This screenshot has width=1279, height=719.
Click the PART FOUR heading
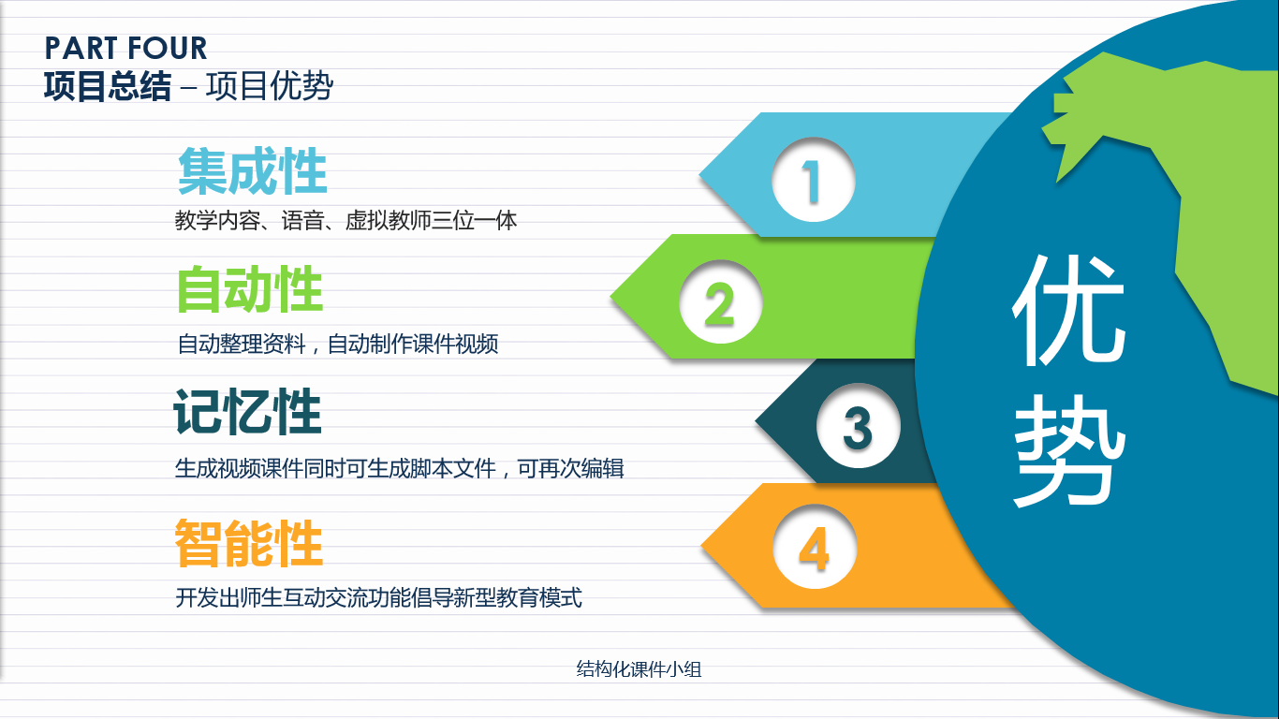click(x=125, y=48)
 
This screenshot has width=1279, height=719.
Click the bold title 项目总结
click(x=108, y=86)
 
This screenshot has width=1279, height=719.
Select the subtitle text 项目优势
click(x=270, y=86)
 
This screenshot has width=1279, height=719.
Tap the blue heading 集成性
click(x=253, y=170)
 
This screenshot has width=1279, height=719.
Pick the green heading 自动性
click(x=250, y=289)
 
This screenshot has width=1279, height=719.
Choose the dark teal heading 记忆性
click(x=247, y=411)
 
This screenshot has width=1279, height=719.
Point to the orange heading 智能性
click(x=249, y=543)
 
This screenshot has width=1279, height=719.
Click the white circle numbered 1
click(x=814, y=180)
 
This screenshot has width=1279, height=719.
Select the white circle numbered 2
click(x=721, y=302)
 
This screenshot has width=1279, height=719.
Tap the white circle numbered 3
click(x=859, y=426)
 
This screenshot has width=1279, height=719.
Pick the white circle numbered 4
click(x=815, y=547)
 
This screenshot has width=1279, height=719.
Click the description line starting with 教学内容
click(x=346, y=220)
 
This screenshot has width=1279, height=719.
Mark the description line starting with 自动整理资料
click(x=338, y=344)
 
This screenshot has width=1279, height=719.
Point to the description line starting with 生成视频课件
click(x=399, y=468)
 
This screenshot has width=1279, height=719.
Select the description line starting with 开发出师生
click(x=378, y=598)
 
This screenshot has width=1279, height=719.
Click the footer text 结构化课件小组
click(x=639, y=669)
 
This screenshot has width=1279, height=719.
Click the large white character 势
click(x=1069, y=450)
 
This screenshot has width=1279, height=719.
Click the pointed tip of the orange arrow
click(x=701, y=546)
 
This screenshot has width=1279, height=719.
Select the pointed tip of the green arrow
click(x=610, y=297)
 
